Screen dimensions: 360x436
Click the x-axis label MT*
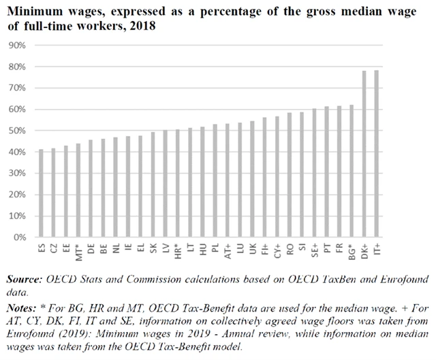coord(78,252)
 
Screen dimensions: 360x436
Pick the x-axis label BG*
coord(351,252)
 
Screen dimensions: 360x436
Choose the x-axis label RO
coord(289,250)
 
